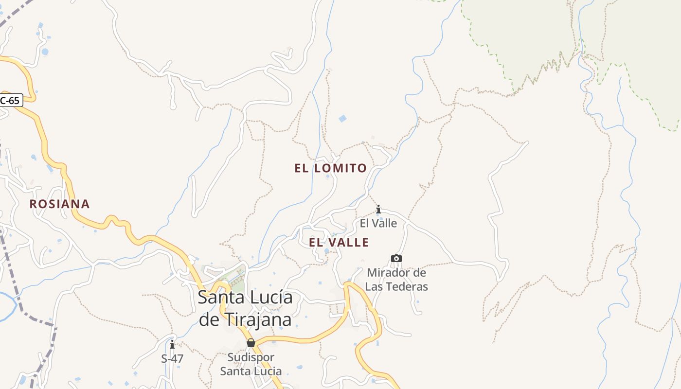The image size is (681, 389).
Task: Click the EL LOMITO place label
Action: (x=330, y=168)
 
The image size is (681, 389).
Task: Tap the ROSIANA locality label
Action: (x=59, y=204)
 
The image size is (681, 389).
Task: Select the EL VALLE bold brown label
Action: (x=339, y=242)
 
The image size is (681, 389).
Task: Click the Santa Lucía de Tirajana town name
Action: (x=245, y=308)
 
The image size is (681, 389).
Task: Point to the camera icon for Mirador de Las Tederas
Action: (x=396, y=258)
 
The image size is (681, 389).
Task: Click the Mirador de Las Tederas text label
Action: (x=396, y=280)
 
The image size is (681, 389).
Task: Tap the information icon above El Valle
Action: (x=378, y=210)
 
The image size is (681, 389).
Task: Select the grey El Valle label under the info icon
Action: (x=378, y=224)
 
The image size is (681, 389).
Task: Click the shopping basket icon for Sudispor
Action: (x=251, y=343)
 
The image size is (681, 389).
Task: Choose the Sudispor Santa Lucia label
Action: (x=251, y=364)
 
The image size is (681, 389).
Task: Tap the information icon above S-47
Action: (x=172, y=345)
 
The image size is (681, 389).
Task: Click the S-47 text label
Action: (x=172, y=359)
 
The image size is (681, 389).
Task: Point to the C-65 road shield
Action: (x=11, y=101)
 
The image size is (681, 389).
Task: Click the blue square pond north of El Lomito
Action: (x=343, y=119)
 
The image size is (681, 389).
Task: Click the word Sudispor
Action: (x=251, y=357)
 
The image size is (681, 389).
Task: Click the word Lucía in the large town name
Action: (x=269, y=297)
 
